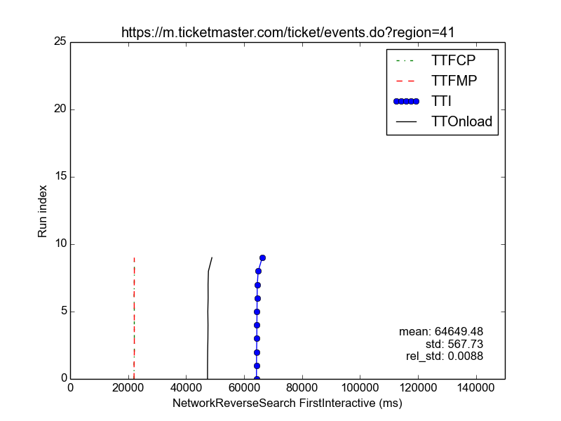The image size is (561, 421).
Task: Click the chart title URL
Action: [288, 32]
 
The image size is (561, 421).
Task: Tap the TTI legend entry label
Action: [441, 101]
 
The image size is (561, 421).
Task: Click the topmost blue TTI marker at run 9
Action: [262, 258]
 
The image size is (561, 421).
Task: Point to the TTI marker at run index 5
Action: [257, 312]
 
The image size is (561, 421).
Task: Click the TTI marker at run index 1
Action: [257, 366]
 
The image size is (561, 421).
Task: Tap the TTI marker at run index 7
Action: [257, 286]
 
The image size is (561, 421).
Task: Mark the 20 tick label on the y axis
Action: [60, 109]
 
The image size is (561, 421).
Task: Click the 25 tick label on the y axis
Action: [60, 41]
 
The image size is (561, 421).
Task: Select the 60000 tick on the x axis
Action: [244, 388]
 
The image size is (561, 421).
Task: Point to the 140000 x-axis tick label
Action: [476, 388]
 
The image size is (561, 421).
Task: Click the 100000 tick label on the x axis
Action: [360, 388]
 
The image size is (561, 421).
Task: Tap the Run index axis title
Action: [42, 211]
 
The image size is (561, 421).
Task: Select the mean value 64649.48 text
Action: [459, 331]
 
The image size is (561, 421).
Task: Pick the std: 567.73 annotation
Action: [454, 344]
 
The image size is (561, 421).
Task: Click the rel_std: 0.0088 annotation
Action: [445, 356]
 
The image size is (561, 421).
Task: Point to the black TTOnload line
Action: [208, 318]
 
